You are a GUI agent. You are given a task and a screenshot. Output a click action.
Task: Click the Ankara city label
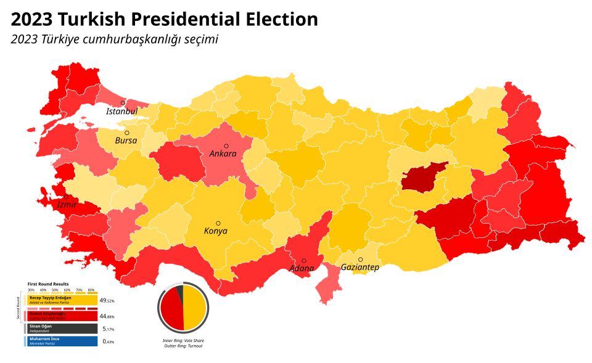(x=223, y=153)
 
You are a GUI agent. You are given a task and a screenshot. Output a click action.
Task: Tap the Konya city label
(x=216, y=231)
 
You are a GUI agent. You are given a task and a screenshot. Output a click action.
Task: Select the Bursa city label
(x=126, y=141)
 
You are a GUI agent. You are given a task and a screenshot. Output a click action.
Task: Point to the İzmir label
(x=67, y=205)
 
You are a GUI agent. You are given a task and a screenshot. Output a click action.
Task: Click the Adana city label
(x=302, y=269)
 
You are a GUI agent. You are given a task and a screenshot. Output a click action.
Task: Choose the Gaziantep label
(x=360, y=267)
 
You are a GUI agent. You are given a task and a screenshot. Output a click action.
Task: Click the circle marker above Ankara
(x=226, y=146)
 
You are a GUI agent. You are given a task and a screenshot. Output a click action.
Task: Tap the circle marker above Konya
(x=218, y=223)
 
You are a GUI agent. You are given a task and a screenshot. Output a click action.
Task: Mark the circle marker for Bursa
(x=127, y=133)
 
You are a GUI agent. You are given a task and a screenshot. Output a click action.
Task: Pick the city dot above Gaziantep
(x=361, y=259)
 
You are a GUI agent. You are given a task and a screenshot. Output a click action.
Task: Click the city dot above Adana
(x=304, y=261)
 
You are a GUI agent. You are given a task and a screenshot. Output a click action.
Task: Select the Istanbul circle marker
(x=123, y=103)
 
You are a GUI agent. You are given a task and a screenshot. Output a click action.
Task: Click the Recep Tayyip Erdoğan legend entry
(x=61, y=300)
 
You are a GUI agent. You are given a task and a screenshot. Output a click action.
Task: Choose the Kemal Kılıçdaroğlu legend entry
(x=61, y=315)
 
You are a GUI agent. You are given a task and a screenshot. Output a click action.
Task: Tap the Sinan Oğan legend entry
(x=61, y=328)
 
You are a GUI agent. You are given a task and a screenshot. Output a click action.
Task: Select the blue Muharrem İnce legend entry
(x=61, y=341)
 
